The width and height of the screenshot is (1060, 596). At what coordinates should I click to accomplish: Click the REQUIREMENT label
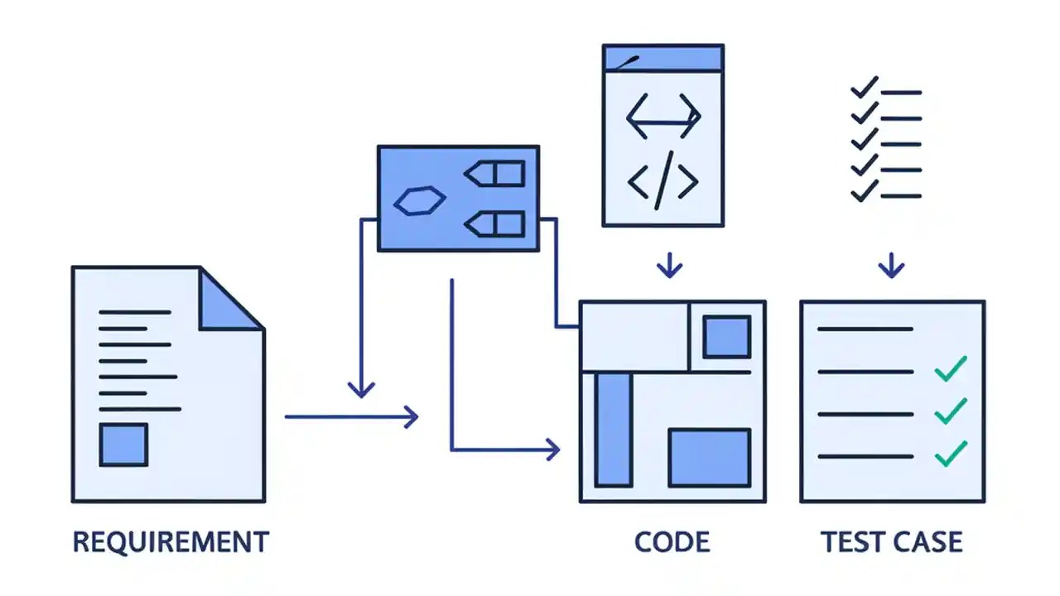[171, 542]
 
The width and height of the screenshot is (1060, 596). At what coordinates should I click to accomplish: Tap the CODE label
[672, 542]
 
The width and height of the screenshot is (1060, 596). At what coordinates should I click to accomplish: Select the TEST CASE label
[892, 542]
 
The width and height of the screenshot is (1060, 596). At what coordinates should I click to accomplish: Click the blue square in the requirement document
[123, 445]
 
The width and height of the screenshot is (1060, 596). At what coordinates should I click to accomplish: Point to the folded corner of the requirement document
[228, 300]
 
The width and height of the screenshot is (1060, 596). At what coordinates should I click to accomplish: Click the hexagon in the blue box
[420, 200]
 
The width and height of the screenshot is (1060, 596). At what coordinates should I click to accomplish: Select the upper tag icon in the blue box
[494, 174]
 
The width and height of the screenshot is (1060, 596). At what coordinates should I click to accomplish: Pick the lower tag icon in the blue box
[494, 223]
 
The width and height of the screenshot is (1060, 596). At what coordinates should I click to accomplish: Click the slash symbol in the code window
[662, 182]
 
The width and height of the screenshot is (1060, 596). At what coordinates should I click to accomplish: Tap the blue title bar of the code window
[662, 58]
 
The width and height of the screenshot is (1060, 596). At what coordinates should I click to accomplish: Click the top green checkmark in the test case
[950, 368]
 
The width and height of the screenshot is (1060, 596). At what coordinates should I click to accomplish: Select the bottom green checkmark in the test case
[950, 453]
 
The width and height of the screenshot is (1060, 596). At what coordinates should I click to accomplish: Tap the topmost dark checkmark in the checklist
[865, 87]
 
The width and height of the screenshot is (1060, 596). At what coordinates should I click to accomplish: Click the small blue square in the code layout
[726, 337]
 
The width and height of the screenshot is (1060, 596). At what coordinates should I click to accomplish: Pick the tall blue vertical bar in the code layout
[613, 429]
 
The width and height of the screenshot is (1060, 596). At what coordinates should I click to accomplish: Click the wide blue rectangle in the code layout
[709, 457]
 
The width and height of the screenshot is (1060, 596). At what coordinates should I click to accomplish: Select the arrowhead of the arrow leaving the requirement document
[411, 416]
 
